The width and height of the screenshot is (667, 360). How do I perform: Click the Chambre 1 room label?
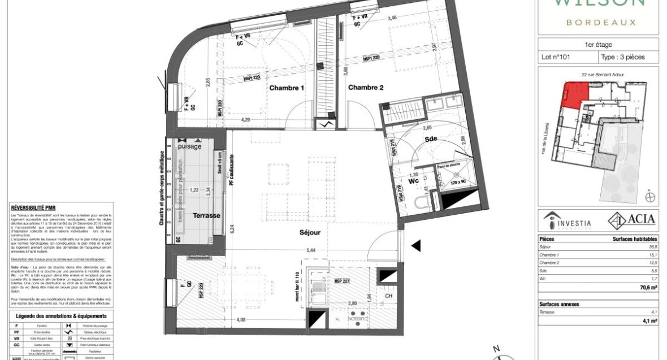click(287, 88)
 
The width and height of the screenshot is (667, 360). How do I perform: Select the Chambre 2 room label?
click(366, 88)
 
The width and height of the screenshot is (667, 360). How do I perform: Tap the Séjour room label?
click(310, 232)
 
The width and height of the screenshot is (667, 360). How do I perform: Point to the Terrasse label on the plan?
click(206, 216)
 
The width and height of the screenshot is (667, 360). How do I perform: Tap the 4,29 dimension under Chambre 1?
click(246, 120)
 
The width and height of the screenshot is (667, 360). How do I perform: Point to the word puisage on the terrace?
click(190, 146)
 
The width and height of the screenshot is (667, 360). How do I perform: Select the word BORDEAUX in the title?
click(601, 22)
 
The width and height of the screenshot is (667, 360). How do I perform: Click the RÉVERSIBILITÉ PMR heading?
click(33, 208)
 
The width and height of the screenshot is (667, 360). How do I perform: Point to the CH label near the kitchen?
click(388, 296)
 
